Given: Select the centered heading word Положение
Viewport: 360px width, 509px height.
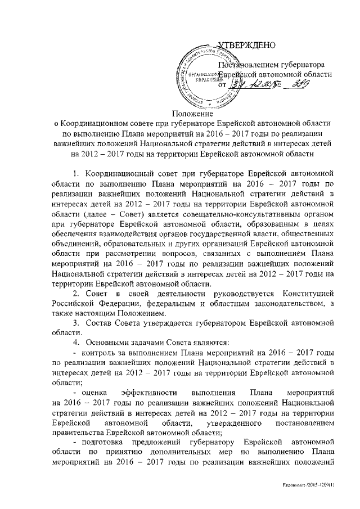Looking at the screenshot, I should [180, 117].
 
